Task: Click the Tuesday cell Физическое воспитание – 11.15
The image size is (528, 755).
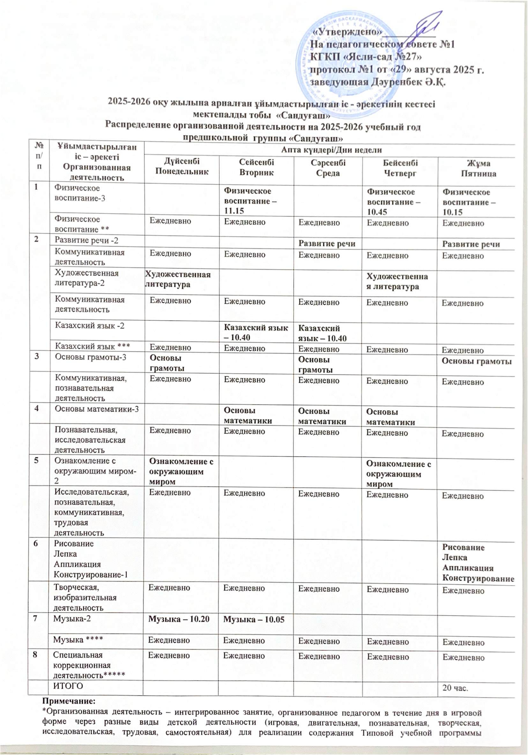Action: [250, 201]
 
